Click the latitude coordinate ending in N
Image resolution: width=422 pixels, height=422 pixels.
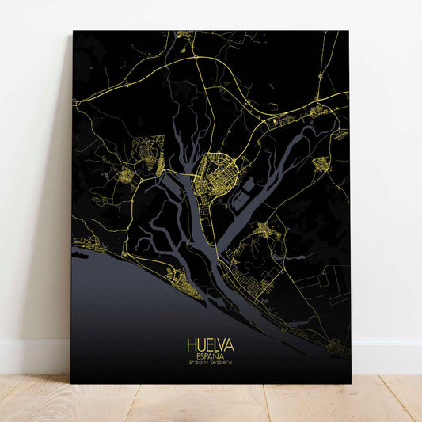(198, 363)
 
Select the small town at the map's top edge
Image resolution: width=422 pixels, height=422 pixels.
(185, 36)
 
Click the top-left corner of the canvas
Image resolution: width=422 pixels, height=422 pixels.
(73, 32)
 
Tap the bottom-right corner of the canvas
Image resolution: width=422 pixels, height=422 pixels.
(350, 382)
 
